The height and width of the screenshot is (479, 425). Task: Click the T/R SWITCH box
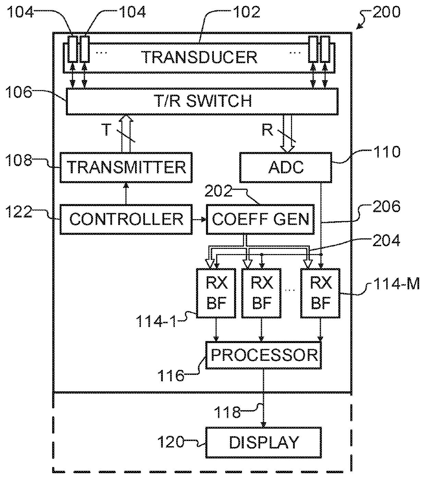202,101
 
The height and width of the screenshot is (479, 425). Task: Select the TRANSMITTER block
126,167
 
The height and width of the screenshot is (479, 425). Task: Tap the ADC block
286,167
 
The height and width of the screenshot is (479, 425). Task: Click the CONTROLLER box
126,219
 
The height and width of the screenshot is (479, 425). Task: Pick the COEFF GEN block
260,219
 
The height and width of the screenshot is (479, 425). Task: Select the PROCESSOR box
263,355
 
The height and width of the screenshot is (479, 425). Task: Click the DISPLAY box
263,442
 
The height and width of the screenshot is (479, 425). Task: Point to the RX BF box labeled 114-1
216,293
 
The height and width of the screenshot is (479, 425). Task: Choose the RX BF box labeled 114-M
320,293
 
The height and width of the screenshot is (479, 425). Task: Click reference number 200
386,12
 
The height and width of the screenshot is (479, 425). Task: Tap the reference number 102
246,12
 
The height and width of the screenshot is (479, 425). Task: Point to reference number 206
386,206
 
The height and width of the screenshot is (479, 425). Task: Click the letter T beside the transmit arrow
106,129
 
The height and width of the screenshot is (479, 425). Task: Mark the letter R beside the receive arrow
267,130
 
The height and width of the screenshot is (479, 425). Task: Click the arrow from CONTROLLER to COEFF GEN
199,219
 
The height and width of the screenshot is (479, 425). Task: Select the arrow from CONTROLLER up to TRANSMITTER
126,193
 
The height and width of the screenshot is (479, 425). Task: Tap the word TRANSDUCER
199,57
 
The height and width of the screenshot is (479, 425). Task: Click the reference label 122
19,212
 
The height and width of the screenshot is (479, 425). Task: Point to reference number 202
218,191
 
